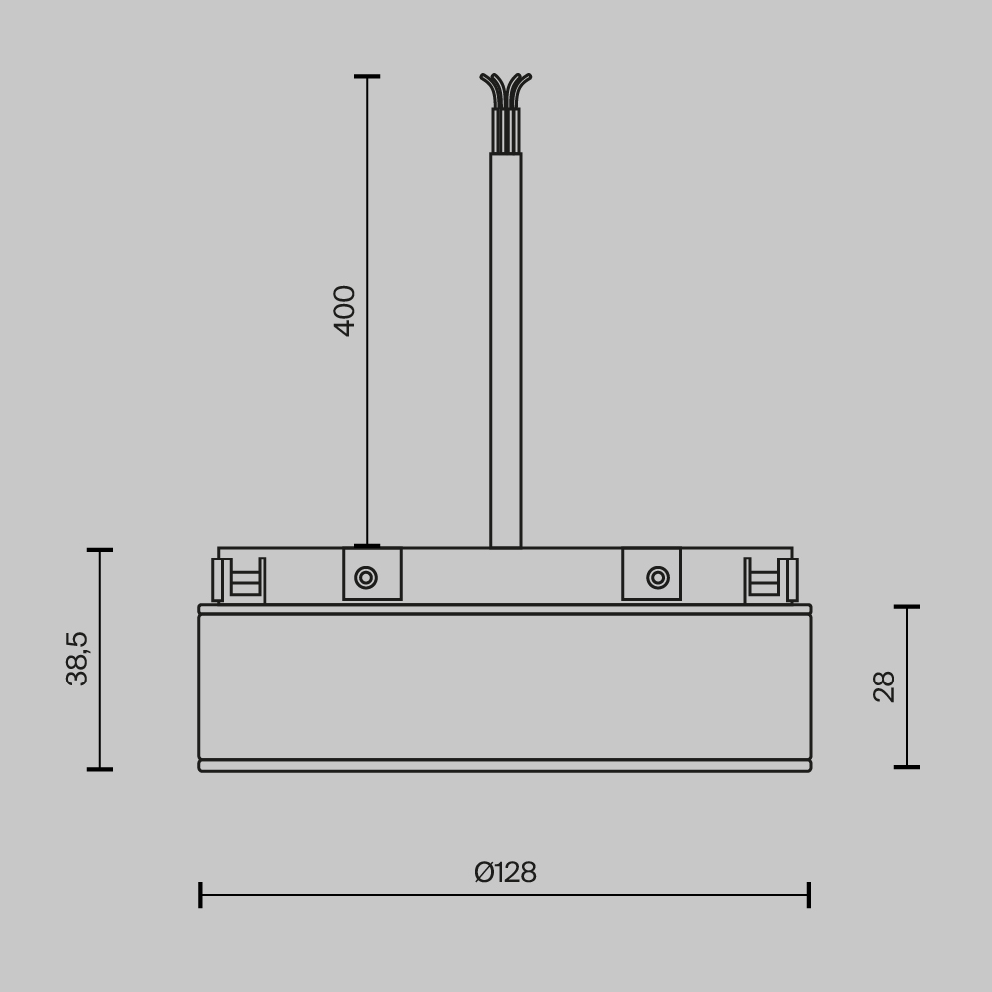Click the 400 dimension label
(x=344, y=310)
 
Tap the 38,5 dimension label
(x=77, y=658)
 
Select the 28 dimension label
(x=884, y=686)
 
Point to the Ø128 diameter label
(x=505, y=873)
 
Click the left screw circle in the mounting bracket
(x=366, y=577)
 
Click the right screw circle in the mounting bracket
(x=657, y=577)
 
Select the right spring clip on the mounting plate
(x=771, y=579)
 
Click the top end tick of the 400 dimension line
(x=367, y=76)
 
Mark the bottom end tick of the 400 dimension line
(x=367, y=546)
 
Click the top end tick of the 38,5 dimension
(x=99, y=549)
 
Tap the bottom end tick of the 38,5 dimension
(x=99, y=769)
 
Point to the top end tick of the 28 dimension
(x=907, y=606)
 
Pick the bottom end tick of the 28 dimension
(x=907, y=767)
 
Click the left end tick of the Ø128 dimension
(x=200, y=894)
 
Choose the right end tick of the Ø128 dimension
(x=809, y=894)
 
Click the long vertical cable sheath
(x=505, y=347)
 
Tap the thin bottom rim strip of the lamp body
(x=505, y=766)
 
